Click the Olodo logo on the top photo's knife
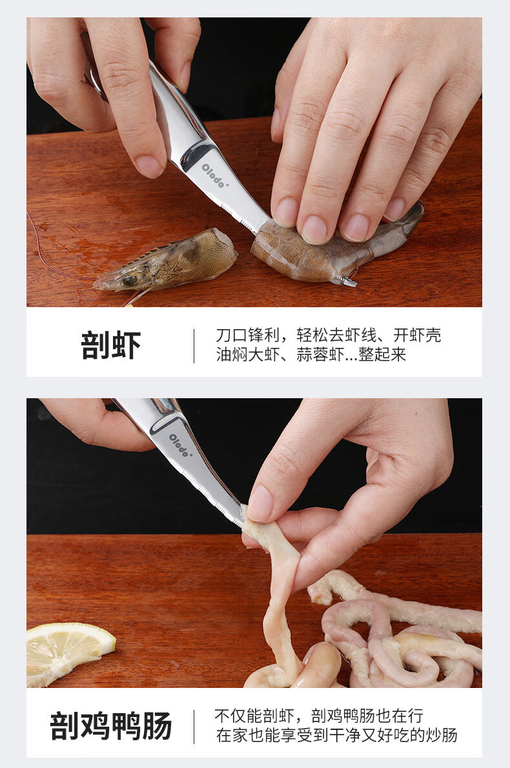point(214,176)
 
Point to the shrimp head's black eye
point(130,279)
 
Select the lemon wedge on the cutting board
point(68,652)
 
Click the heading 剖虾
point(111,346)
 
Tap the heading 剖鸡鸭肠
point(111,726)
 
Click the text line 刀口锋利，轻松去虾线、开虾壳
point(328,336)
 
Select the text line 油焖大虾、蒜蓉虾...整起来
point(311,354)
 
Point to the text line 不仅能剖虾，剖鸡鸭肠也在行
point(318,716)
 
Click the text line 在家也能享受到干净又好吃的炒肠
point(336,735)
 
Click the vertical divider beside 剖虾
point(194,346)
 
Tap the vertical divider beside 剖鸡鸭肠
point(194,726)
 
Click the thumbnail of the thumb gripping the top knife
point(148,167)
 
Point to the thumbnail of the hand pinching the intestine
point(260,503)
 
